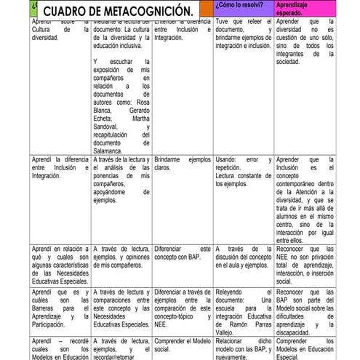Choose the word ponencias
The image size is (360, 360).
pyautogui.click(x=110, y=176)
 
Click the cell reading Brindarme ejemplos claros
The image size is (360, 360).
pyautogui.click(x=182, y=163)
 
